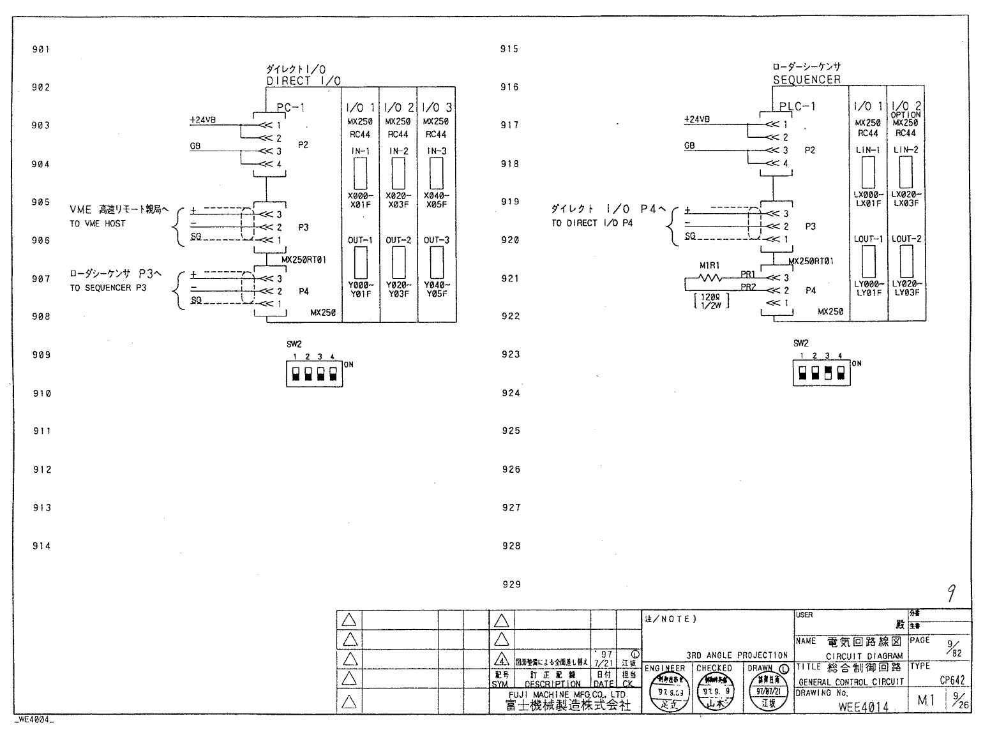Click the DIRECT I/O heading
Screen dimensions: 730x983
click(303, 81)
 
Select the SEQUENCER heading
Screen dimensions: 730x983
click(806, 80)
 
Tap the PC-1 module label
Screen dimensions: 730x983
click(290, 107)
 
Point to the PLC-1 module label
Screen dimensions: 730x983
click(797, 106)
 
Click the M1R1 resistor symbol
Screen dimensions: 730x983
click(710, 278)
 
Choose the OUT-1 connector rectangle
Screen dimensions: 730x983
click(361, 261)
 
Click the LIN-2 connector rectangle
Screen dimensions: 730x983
click(906, 171)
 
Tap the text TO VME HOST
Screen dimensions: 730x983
click(97, 223)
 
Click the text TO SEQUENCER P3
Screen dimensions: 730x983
click(108, 288)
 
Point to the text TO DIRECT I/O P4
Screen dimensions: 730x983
click(592, 223)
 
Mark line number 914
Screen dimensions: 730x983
click(41, 546)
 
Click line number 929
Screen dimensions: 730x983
click(511, 584)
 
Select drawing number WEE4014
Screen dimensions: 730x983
click(863, 706)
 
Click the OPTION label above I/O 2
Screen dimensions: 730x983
click(906, 115)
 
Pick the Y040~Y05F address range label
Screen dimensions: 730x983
click(437, 290)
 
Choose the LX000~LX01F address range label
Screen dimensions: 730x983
click(868, 199)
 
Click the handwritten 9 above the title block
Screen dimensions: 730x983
click(951, 594)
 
